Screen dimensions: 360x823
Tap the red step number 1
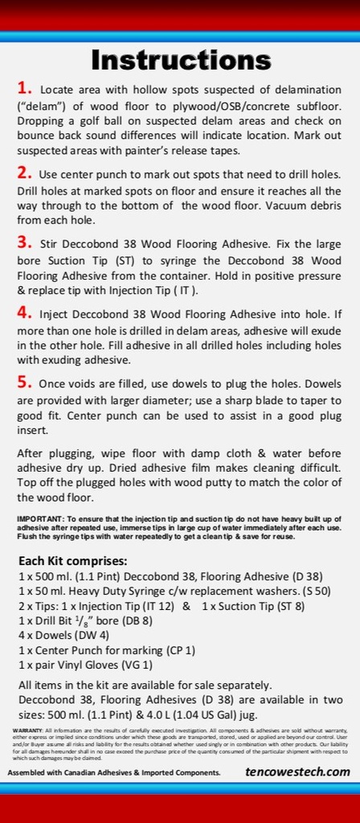(x=24, y=87)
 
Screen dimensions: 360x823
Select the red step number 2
(x=24, y=172)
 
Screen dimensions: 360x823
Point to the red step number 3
(x=24, y=242)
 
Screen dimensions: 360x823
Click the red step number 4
(x=24, y=312)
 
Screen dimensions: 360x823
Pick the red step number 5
(x=24, y=383)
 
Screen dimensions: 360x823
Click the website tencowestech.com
(x=297, y=772)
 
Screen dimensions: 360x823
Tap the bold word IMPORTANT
(x=38, y=519)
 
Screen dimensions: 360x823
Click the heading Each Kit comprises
(x=72, y=560)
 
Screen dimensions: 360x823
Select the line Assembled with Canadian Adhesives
(x=114, y=772)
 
